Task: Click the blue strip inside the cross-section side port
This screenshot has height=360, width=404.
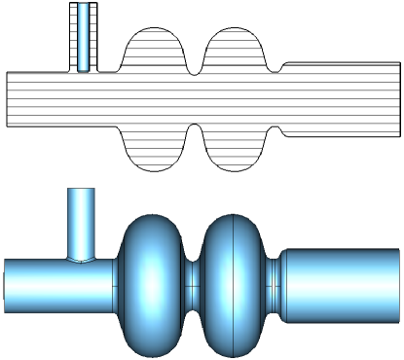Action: (86, 37)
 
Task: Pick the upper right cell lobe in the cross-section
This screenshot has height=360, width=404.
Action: (235, 49)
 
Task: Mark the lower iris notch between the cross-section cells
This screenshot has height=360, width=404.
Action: (194, 128)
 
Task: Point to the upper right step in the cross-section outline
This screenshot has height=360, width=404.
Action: (280, 68)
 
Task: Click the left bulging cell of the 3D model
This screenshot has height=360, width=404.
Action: (150, 282)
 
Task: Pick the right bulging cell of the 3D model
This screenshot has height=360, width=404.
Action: (234, 282)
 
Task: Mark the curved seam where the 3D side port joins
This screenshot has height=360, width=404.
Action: (82, 260)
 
